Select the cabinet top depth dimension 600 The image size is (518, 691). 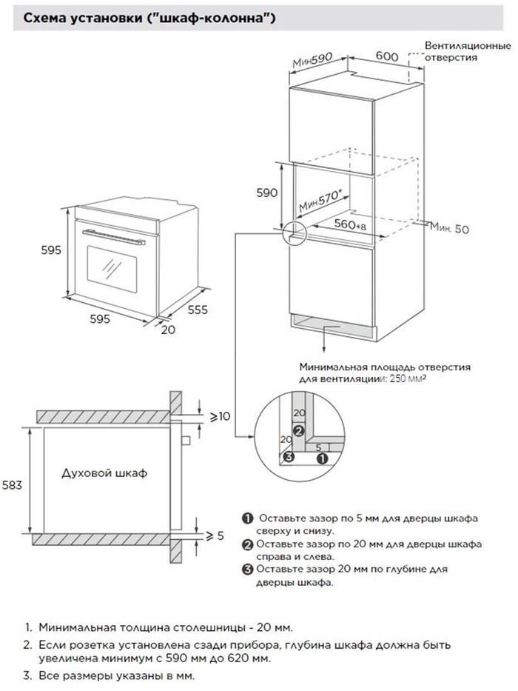coord(388,56)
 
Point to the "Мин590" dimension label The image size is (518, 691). coord(309,60)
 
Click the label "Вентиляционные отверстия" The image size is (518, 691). coord(468,50)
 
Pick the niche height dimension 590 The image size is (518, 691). coord(267,193)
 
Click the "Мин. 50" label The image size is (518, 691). coord(451,230)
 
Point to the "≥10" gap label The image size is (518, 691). coord(220,418)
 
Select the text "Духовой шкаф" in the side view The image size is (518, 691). coord(104,473)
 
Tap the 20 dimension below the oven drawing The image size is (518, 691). coord(168,330)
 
